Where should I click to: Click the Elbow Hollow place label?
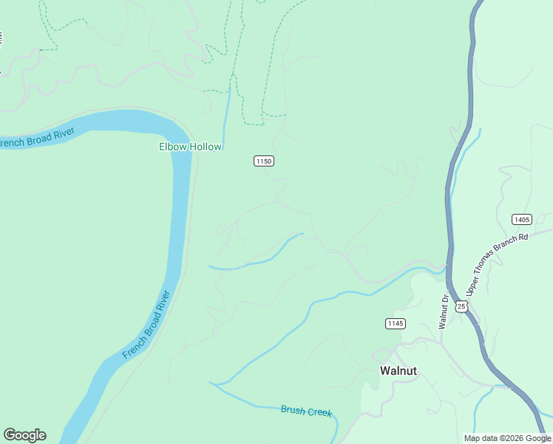point(190,147)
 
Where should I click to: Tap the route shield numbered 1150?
point(264,161)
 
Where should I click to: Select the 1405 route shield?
point(521,219)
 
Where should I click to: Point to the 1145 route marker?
point(396,323)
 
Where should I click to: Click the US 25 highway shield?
point(461,306)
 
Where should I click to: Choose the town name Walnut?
point(398,371)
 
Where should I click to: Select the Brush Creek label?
point(306,411)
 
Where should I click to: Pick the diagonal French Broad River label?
point(146,325)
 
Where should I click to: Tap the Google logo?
point(24,435)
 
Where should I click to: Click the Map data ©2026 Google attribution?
point(507,438)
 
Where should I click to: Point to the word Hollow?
point(205,147)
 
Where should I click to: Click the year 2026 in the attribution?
point(515,438)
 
